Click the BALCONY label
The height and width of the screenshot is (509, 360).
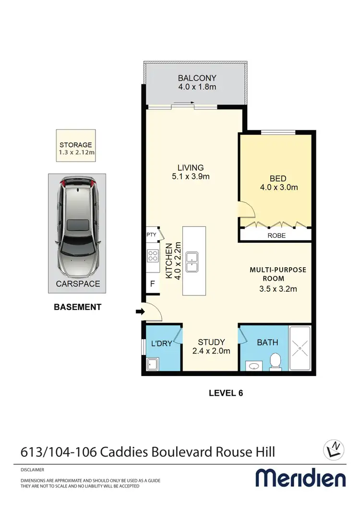coord(197,78)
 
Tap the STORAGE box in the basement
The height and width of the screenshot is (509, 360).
coord(76,149)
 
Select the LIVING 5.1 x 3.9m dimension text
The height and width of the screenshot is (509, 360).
coord(191,177)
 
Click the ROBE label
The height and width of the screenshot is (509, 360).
coord(276,236)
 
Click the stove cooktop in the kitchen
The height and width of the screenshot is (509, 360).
coord(153,256)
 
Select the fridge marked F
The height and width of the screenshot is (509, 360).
coord(152,284)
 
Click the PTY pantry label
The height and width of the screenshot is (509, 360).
coord(151,235)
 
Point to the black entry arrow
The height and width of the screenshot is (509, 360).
coord(139,312)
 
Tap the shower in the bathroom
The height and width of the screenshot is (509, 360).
coord(300,349)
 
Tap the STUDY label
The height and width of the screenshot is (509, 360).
coord(212,342)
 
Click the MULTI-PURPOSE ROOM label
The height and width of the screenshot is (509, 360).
coord(277,274)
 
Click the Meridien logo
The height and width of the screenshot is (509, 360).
coord(300,478)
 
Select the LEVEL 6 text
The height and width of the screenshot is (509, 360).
coord(226,393)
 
